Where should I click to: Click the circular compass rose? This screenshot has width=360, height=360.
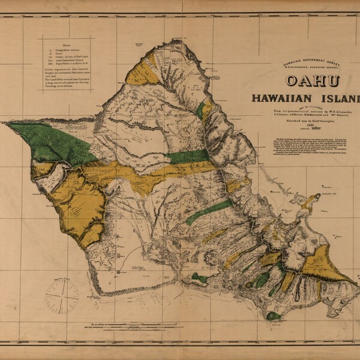[62, 295]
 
